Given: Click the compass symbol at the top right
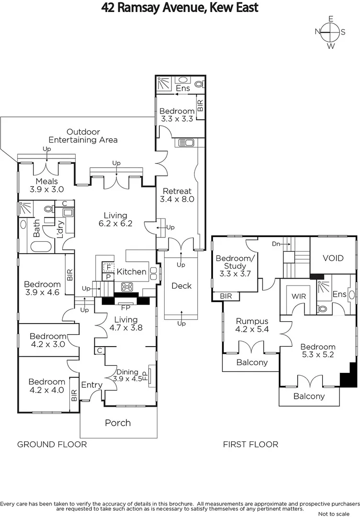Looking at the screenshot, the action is [330, 32].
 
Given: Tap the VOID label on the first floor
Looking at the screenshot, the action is [333, 258].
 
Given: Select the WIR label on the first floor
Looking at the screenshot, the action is [299, 296].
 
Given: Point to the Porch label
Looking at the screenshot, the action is [118, 422].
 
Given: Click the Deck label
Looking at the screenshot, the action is [181, 286].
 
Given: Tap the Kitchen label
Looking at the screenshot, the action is [132, 271].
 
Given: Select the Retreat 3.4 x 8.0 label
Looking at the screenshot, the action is [177, 195].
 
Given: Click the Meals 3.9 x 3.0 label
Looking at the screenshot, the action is [47, 185].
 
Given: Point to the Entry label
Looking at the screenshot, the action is [91, 385].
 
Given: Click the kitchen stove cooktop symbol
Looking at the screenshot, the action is [127, 287].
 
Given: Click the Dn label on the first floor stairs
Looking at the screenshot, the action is [276, 243].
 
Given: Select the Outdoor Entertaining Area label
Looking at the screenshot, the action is [83, 136].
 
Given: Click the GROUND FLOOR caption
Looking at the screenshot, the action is [52, 444].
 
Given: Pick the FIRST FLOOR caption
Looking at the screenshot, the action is [250, 444].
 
